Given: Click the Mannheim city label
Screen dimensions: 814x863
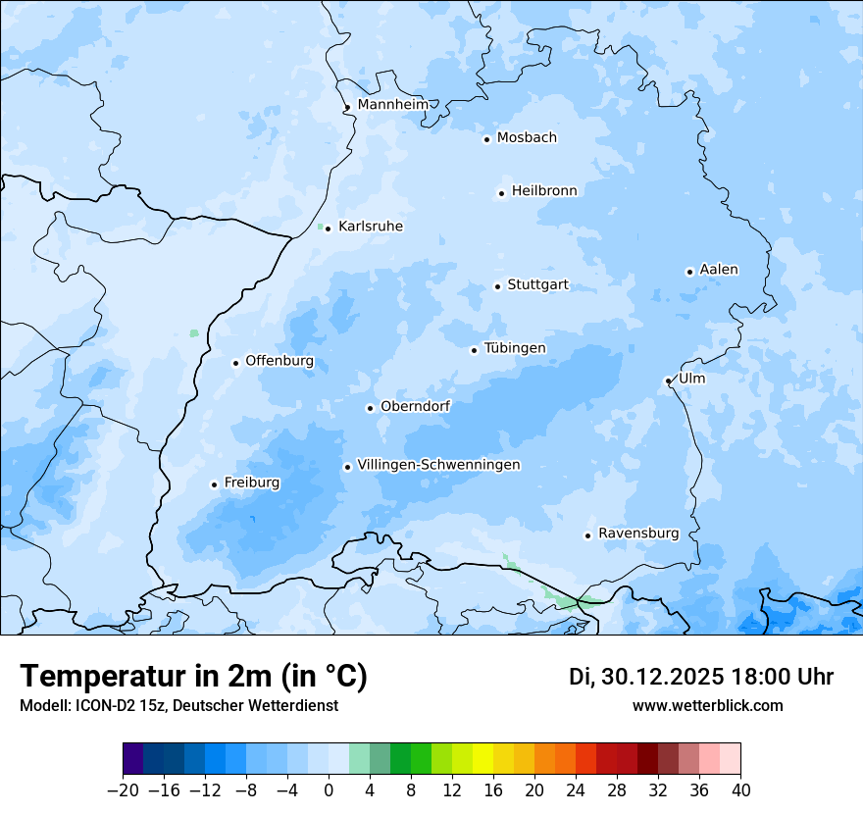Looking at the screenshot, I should click(x=392, y=105).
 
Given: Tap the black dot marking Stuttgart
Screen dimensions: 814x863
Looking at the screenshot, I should click(x=497, y=286).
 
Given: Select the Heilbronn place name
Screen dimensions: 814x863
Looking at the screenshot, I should click(x=544, y=191).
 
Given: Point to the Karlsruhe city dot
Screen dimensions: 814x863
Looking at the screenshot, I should click(x=328, y=229).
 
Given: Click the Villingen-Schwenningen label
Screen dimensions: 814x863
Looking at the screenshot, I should click(x=438, y=465).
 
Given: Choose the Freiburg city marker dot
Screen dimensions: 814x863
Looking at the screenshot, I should click(x=214, y=484).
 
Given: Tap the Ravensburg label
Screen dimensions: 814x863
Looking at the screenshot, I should click(x=638, y=534).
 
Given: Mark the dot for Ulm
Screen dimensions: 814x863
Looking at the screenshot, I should click(x=668, y=381).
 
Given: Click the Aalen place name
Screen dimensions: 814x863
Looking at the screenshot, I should click(x=719, y=270).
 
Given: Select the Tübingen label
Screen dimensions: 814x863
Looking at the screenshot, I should click(x=515, y=348).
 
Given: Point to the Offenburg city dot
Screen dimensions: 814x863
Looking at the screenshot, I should click(x=235, y=363).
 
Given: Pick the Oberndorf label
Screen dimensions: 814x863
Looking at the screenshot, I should click(x=415, y=406).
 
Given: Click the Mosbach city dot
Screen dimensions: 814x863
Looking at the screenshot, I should click(x=486, y=139).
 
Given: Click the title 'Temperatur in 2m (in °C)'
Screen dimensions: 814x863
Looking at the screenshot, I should click(x=194, y=677).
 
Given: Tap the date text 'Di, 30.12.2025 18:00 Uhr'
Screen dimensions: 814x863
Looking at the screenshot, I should click(x=701, y=677).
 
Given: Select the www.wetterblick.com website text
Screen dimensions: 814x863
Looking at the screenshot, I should click(x=707, y=705).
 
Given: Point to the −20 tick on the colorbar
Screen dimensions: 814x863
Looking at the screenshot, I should click(x=124, y=789).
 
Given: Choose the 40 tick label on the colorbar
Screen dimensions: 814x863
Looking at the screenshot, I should click(x=740, y=789).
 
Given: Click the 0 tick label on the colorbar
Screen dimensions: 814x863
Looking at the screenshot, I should click(x=329, y=789).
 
